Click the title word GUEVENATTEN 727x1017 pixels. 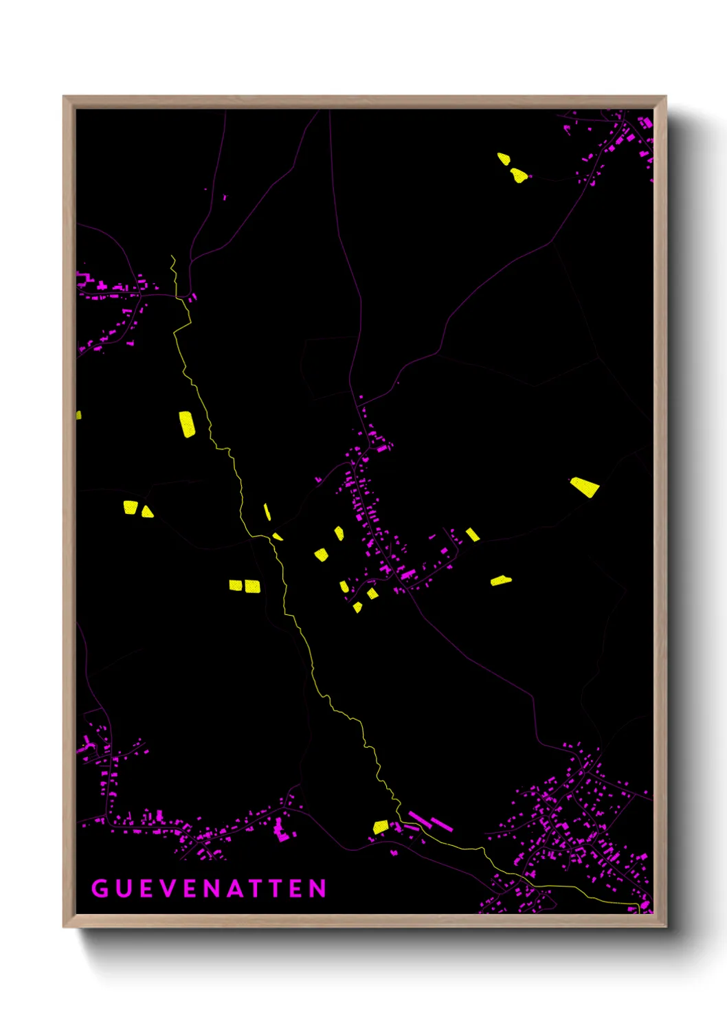209,889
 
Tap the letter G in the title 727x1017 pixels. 100,889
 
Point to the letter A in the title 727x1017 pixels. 234,889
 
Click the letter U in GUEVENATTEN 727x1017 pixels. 122,889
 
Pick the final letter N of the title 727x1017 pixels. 317,889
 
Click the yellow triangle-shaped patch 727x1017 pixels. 147,511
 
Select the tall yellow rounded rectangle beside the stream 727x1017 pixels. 187,424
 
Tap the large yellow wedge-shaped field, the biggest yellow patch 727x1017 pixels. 585,487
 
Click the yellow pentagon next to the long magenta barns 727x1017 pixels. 381,827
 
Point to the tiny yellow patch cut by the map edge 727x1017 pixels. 78,415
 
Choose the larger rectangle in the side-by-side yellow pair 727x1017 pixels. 253,586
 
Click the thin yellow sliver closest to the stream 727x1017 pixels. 267,512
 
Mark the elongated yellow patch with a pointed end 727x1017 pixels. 501,581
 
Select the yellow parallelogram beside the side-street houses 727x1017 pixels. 473,535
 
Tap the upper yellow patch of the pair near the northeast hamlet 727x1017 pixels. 504,159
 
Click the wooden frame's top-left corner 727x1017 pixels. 64,97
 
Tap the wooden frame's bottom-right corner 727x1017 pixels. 665,926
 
